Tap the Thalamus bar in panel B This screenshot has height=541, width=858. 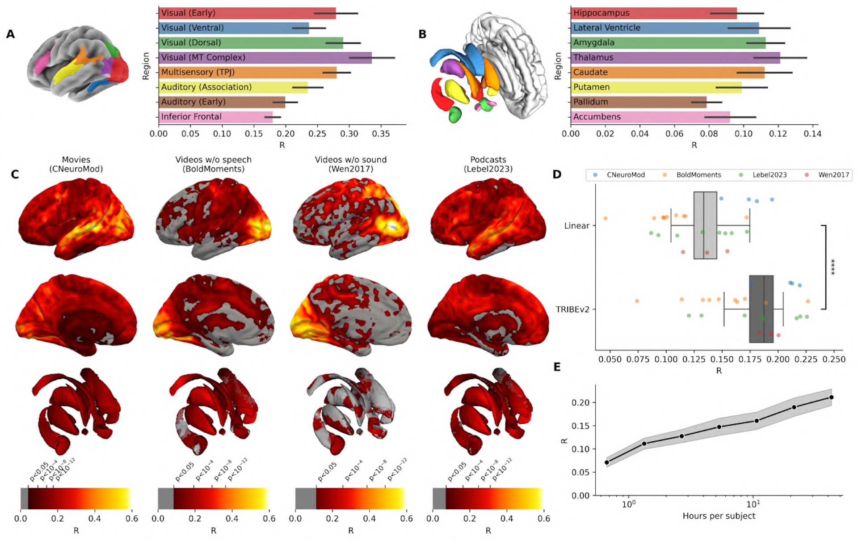coord(675,58)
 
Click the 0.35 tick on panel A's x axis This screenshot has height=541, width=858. coord(381,134)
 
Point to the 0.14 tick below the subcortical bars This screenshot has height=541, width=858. coord(812,134)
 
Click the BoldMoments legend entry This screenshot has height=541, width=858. coord(698,175)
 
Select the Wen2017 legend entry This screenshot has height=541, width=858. coord(833,175)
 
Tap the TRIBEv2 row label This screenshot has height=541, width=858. coord(572,309)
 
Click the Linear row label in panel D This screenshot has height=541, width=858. coord(576,226)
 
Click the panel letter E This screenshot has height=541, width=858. coord(557,367)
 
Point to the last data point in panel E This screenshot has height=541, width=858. coord(831,397)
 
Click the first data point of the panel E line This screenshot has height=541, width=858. coord(606,462)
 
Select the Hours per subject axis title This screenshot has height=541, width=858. coord(719,516)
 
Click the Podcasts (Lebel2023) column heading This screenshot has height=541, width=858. coord(488,164)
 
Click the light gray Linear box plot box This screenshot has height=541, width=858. coord(705,225)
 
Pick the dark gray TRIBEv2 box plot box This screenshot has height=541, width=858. coord(761,309)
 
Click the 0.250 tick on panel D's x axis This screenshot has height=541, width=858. coord(834,359)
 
